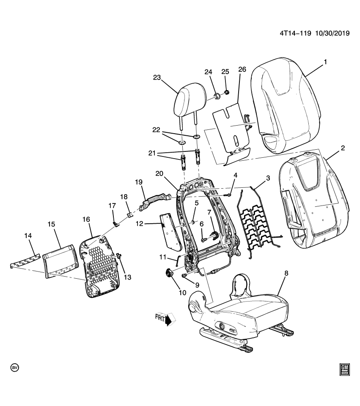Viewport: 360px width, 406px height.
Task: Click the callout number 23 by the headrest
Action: point(157,77)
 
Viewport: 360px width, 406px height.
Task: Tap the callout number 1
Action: point(325,62)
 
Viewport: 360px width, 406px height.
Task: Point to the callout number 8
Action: point(286,274)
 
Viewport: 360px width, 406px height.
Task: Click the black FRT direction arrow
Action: point(168,320)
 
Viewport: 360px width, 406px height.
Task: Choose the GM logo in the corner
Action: point(344,369)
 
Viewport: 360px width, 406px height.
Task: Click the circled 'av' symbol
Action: point(15,368)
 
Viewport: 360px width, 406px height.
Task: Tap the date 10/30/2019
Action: point(332,34)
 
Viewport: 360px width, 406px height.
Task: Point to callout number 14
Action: point(29,235)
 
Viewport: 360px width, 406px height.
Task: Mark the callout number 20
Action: point(159,173)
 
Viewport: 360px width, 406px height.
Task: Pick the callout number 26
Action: point(242,69)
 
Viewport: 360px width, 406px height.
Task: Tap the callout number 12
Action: point(139,224)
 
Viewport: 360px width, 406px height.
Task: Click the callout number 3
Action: point(268,179)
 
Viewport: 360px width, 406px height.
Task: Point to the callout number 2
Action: point(343,148)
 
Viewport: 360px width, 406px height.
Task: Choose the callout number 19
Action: point(138,182)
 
